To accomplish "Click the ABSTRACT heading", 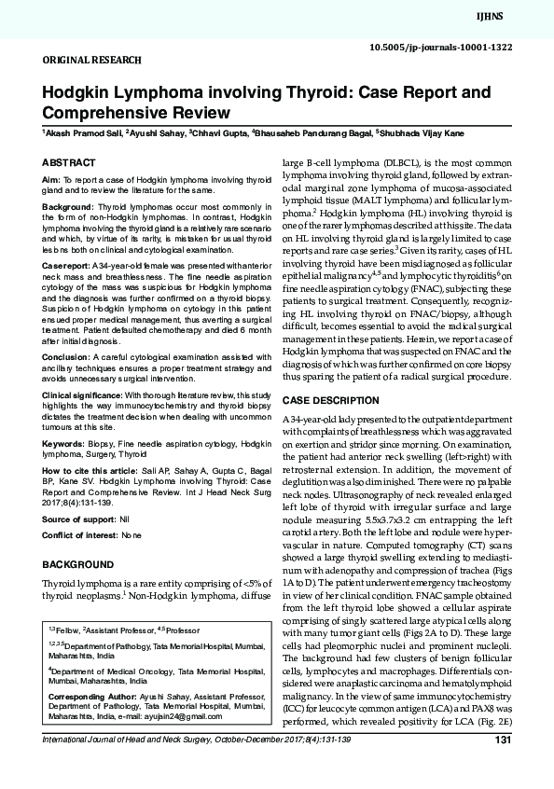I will click(70, 161).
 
